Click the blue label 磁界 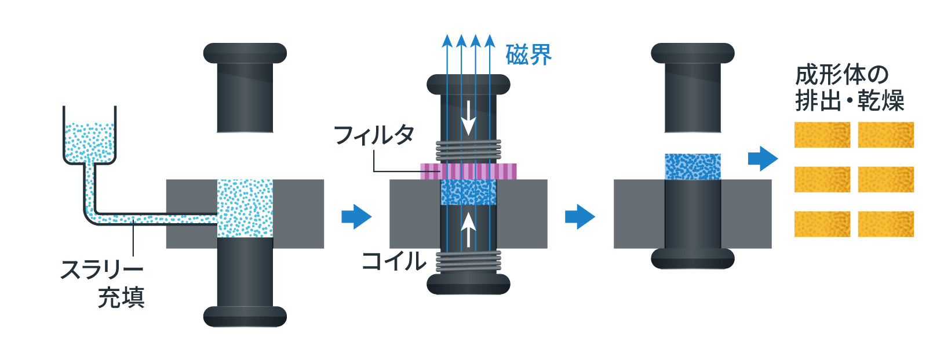(x=529, y=56)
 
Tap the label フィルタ (x=374, y=135)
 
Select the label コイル (x=393, y=261)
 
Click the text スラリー (x=102, y=270)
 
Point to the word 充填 (x=121, y=297)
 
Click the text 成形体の (x=841, y=75)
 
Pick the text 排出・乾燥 (x=850, y=101)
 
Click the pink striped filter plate (x=468, y=171)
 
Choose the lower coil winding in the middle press (x=468, y=261)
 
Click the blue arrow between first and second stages (x=356, y=217)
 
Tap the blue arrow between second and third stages (x=580, y=217)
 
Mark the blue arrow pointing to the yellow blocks (x=763, y=158)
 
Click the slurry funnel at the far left (x=90, y=139)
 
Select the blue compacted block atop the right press (x=693, y=166)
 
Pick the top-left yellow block (x=822, y=135)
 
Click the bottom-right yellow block (x=885, y=224)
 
